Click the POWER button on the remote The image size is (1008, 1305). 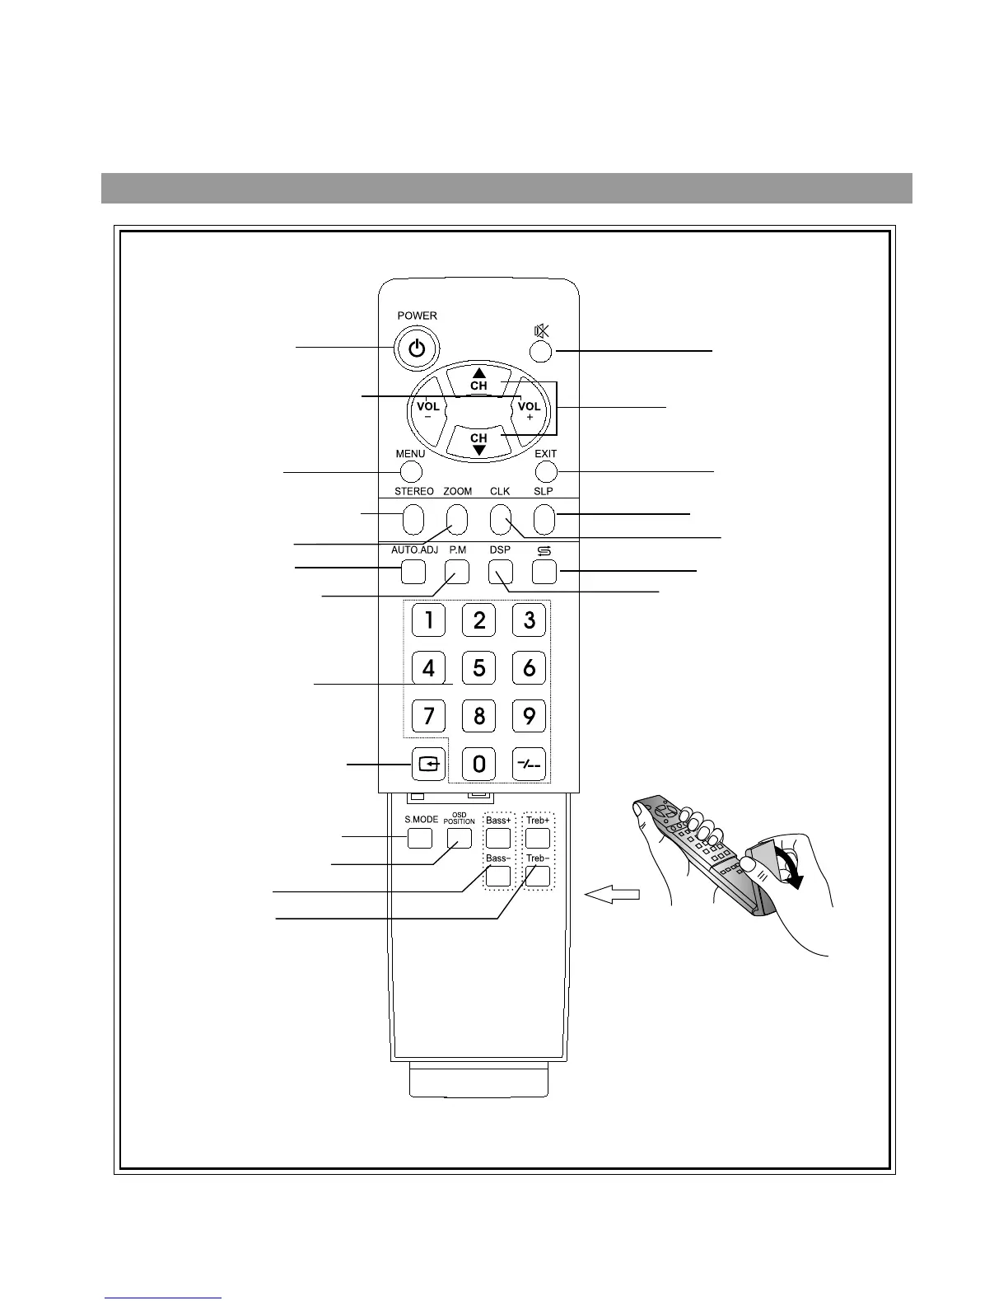tap(418, 348)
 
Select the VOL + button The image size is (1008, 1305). tap(529, 409)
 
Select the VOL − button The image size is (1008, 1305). tap(428, 409)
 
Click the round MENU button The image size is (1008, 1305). tap(410, 471)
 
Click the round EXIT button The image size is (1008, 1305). tap(545, 471)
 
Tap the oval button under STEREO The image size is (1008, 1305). tap(413, 519)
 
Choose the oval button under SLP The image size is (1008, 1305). tap(544, 519)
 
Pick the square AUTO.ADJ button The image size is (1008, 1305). tap(413, 571)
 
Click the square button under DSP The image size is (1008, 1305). tap(500, 571)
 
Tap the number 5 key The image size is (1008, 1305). tap(478, 667)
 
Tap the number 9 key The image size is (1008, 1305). tap(529, 715)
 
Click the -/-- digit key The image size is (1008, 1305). tap(529, 764)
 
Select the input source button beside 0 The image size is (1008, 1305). tap(429, 764)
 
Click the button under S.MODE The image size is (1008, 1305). tap(420, 838)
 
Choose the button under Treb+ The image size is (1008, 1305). tap(538, 838)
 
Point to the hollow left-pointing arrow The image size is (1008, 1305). tap(612, 895)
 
